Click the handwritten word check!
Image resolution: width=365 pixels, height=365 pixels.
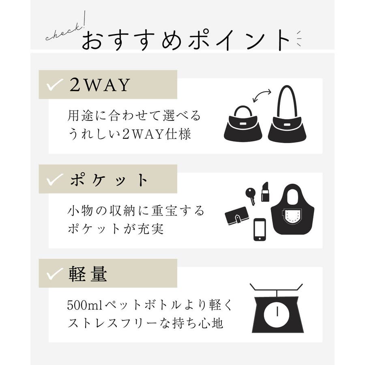66,28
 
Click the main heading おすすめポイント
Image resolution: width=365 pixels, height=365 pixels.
186,40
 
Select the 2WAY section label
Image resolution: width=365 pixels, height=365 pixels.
100,85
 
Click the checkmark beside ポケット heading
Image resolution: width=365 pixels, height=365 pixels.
54,180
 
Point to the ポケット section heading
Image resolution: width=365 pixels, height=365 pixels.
109,180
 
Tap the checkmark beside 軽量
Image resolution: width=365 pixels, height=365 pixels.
54,274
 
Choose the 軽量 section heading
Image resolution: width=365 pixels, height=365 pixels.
88,274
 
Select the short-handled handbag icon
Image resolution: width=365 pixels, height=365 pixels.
243,124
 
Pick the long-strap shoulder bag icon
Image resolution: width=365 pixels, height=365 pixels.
287,114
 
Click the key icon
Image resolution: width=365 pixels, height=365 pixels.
251,196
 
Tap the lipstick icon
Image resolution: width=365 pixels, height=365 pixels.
265,191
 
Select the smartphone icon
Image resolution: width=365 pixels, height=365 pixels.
260,230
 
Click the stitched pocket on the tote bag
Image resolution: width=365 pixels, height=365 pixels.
292,217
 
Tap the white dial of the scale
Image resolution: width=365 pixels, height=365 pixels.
277,314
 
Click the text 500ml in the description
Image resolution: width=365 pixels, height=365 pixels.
85,305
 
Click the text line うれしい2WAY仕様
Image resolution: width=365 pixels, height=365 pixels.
130,134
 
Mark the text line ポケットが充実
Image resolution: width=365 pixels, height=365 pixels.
116,229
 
